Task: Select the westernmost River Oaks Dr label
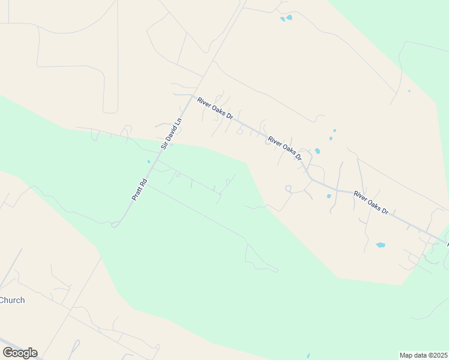214,108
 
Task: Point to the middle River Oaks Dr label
285,148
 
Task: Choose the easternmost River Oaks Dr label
371,202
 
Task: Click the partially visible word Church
12,300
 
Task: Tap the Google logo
20,352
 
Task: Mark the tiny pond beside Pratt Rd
149,161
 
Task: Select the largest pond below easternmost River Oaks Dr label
380,245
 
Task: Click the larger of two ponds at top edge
289,17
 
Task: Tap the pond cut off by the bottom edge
308,357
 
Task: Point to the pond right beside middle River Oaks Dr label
317,151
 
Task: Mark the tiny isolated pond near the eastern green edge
409,91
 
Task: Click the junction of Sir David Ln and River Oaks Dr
193,96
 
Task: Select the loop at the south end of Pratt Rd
115,224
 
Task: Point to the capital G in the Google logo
7,352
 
